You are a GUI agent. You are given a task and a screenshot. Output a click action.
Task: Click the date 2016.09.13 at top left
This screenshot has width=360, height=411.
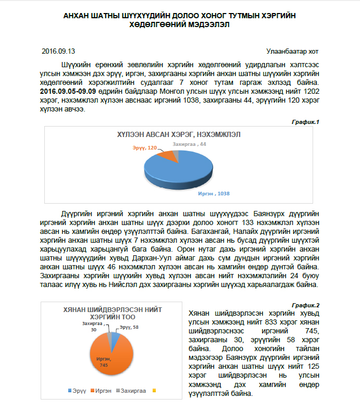[58, 51]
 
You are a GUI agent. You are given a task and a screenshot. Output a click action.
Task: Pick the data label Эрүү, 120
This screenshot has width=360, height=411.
[144, 148]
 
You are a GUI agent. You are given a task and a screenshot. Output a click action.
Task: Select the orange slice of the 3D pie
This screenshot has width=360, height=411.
[167, 154]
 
